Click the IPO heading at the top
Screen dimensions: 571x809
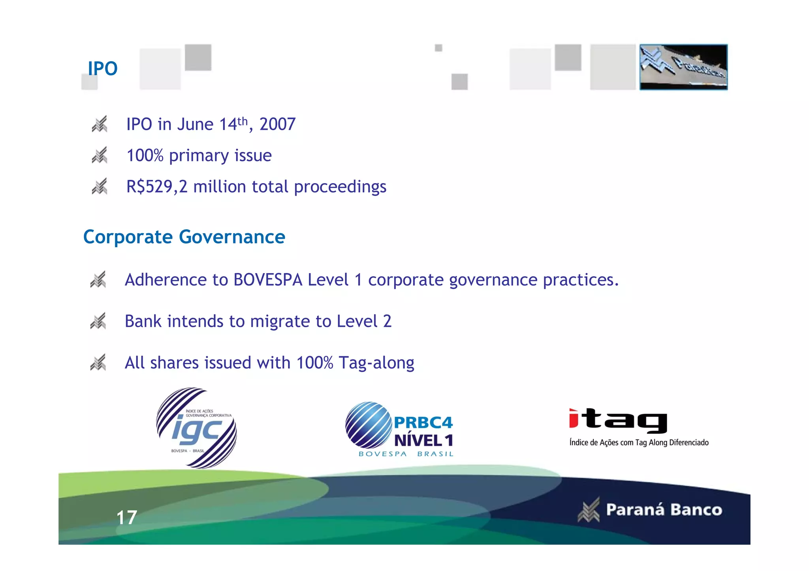pos(103,68)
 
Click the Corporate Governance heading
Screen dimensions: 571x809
pos(184,237)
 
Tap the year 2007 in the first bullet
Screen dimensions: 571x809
pos(277,124)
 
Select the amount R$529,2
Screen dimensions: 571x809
pos(157,187)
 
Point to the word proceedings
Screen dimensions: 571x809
pos(340,187)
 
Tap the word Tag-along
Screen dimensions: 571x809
pos(376,363)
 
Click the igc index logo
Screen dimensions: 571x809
pos(197,428)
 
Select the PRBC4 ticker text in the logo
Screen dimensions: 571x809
pos(423,423)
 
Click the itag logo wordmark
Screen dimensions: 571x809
pos(618,421)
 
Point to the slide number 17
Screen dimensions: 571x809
pos(127,517)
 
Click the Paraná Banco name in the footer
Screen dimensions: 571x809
pos(664,510)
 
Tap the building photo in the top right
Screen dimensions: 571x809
pos(683,67)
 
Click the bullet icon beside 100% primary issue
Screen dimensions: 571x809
pos(100,155)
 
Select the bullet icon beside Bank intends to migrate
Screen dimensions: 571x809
pos(98,321)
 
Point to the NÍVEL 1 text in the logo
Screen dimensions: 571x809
pos(423,440)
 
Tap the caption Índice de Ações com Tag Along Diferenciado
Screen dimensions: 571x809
pos(639,442)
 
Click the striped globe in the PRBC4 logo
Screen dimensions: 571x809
pos(368,425)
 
